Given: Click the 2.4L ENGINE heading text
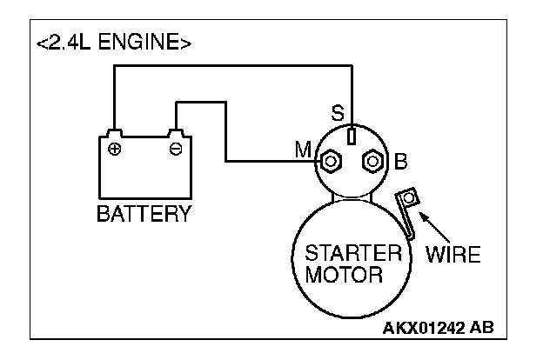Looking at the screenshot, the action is point(114,43).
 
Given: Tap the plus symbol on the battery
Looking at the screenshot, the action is point(114,150).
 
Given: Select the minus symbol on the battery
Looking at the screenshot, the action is point(176,150).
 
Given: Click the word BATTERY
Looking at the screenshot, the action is point(144,214).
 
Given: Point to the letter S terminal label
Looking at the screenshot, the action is point(338,112).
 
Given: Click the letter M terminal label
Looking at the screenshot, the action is point(302,150).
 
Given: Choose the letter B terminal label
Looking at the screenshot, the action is point(400,161).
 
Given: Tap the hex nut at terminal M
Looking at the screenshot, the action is point(331,162).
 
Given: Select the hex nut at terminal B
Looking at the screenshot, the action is point(372,161).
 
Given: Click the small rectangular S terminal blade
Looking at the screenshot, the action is point(352,136).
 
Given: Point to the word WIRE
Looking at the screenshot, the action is point(453,255).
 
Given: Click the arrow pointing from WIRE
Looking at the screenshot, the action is point(434,227).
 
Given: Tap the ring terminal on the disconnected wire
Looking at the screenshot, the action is point(409,197).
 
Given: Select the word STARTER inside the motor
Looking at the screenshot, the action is point(353,253).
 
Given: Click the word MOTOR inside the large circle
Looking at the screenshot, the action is point(344,275).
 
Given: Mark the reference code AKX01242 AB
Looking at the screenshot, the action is point(438,327).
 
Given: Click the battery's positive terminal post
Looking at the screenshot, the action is point(114,133).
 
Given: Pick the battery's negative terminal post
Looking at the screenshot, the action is point(176,133).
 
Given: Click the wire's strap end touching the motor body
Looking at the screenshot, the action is point(411,236).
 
